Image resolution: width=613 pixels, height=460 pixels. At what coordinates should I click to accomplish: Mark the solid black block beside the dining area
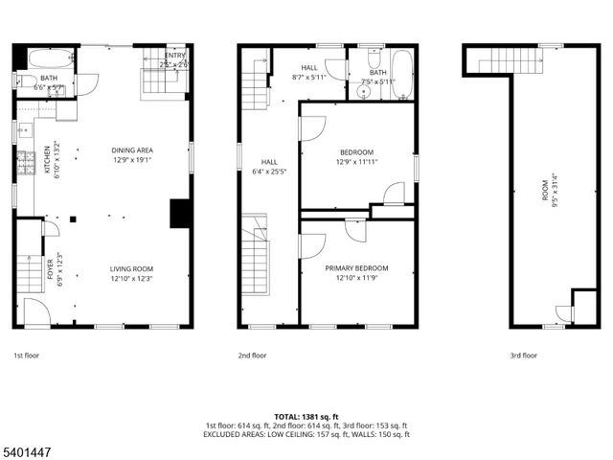(x=180, y=213)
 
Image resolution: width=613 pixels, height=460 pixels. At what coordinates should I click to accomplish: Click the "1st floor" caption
(x=26, y=356)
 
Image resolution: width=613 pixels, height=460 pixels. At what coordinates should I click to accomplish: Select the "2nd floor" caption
(x=253, y=356)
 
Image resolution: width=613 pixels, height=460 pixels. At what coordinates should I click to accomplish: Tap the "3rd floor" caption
(x=523, y=356)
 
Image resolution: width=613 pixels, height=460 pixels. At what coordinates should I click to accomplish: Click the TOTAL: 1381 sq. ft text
(x=306, y=417)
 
